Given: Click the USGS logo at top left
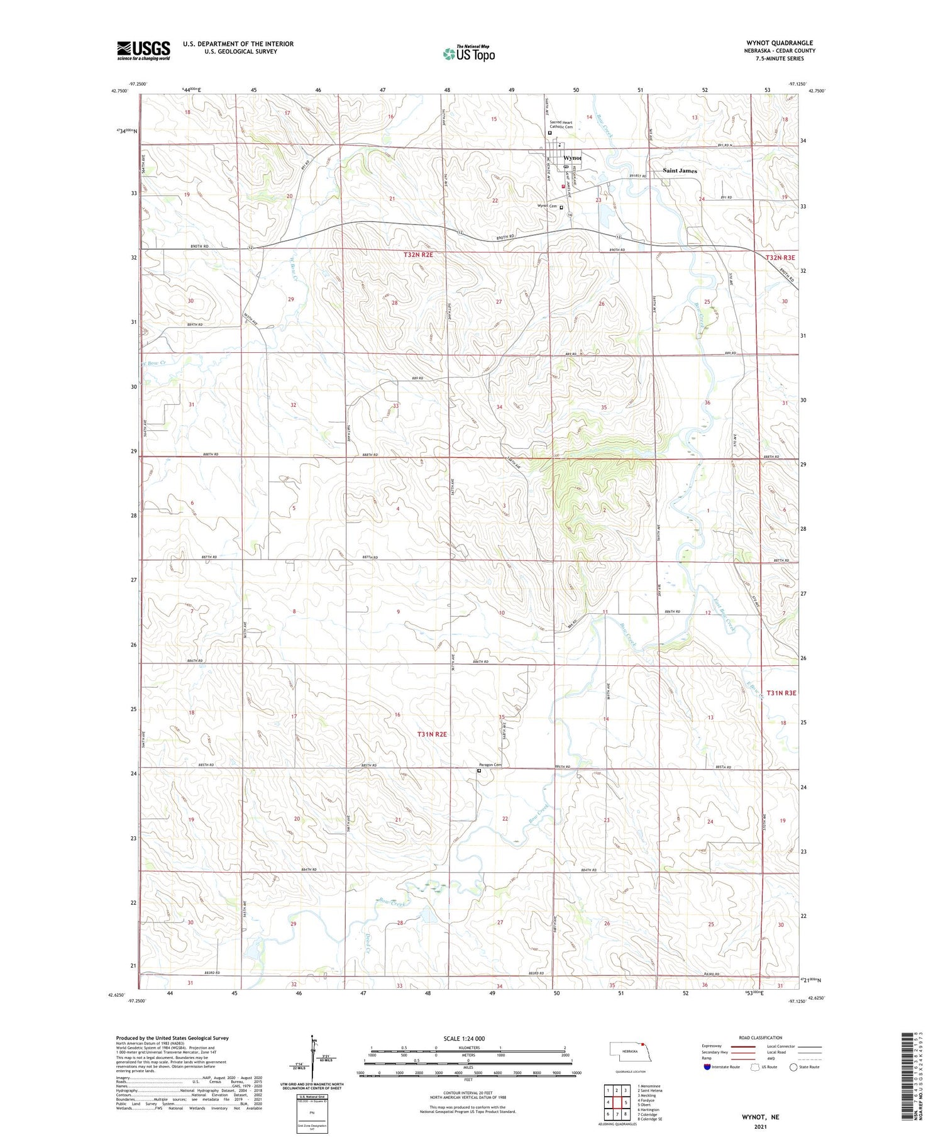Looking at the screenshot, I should [143, 50].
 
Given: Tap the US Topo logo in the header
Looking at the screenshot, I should [469, 54].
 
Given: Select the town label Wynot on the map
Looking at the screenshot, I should [572, 158].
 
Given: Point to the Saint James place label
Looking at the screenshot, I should [680, 170].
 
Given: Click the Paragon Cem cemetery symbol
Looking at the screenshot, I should [478, 770].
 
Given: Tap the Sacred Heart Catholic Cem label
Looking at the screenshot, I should [561, 125].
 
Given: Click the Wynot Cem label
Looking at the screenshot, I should [546, 206].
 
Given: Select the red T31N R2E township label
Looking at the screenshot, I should [433, 734].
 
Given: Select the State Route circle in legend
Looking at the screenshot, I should [793, 1067].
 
